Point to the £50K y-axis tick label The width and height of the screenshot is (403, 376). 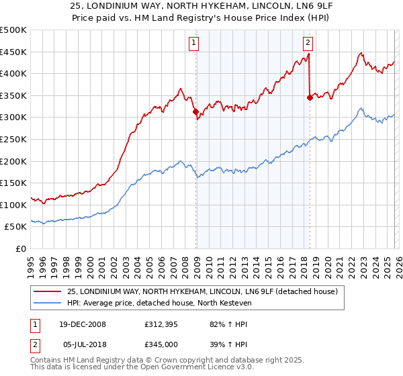point(16,227)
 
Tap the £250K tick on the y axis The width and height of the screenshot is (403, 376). point(13,139)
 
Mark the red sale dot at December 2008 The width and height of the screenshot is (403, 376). point(196,112)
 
